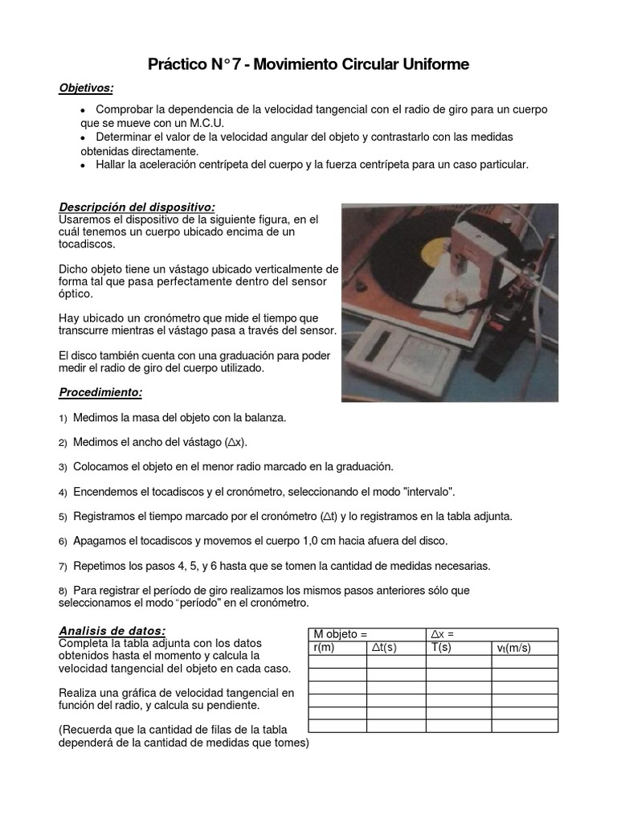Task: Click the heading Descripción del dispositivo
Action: click(x=137, y=207)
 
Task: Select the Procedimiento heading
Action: click(x=101, y=392)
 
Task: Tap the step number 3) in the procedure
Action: click(x=63, y=467)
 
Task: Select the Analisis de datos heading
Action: click(x=112, y=631)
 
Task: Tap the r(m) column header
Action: click(x=323, y=648)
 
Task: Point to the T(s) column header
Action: click(x=443, y=648)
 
